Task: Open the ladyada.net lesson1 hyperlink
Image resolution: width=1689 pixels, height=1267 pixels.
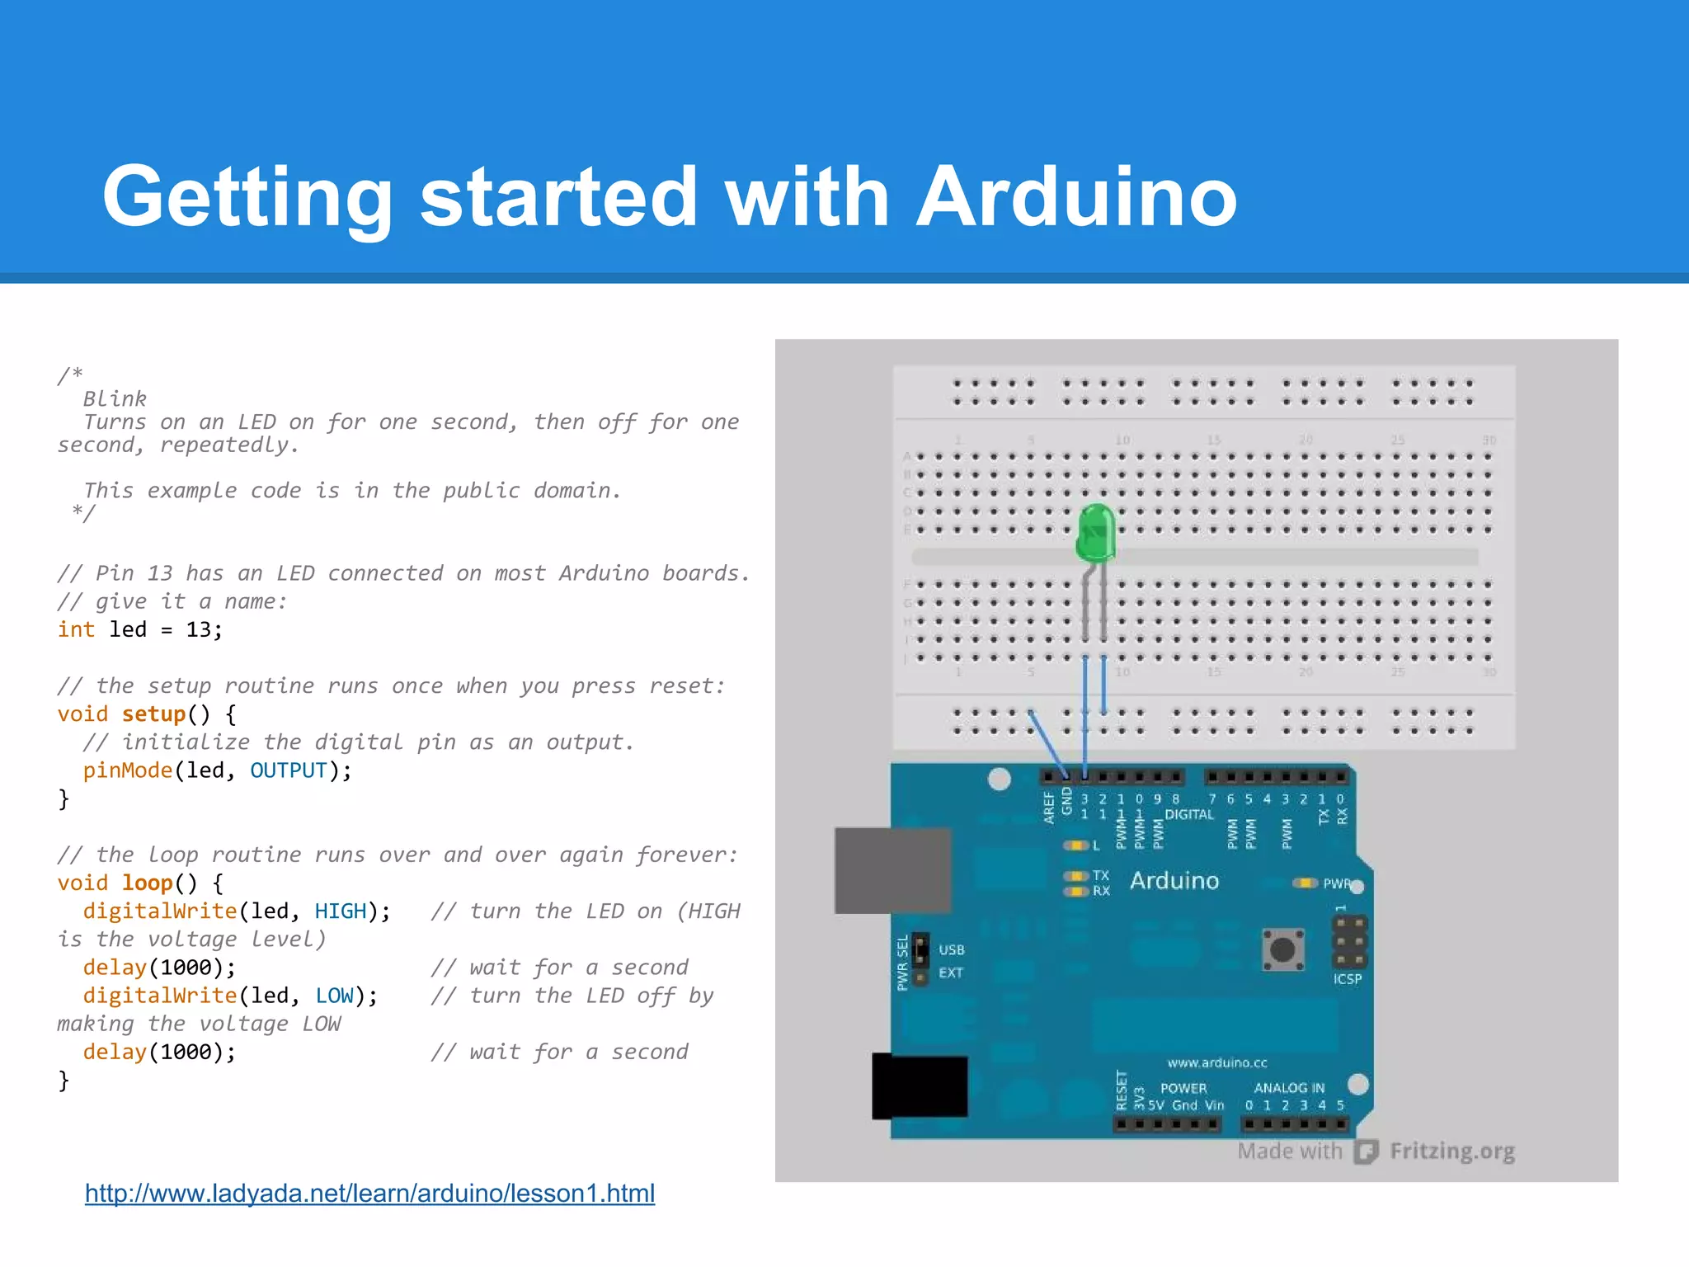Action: coord(369,1193)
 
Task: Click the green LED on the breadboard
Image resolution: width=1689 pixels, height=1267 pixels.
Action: coord(1096,534)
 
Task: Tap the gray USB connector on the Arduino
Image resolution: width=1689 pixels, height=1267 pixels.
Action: coord(893,870)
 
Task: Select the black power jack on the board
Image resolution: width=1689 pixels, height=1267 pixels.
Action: coord(920,1086)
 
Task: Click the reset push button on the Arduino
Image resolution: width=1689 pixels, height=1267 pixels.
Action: coord(1282,949)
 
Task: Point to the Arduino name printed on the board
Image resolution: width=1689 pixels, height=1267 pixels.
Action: coord(1174,881)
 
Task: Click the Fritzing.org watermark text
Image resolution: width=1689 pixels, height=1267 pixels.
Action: coord(1451,1151)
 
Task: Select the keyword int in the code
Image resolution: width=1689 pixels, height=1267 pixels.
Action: coord(76,630)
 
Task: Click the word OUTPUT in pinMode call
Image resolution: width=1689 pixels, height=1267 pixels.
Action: coord(289,770)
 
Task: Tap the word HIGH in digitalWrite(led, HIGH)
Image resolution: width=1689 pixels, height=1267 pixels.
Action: coord(340,911)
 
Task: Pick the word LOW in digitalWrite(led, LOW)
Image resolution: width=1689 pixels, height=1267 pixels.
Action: coord(334,996)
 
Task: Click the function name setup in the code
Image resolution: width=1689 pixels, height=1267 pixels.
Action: coord(153,714)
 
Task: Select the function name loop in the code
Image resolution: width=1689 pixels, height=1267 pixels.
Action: coord(147,883)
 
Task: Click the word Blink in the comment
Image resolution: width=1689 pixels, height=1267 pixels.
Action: coord(115,399)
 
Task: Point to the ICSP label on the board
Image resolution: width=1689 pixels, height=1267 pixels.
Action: coord(1347,979)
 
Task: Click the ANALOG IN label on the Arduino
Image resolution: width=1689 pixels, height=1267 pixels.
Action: coord(1289,1088)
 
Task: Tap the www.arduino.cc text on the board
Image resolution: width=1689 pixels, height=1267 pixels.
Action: coord(1216,1062)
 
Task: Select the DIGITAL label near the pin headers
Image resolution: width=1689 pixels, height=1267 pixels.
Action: coord(1188,814)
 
